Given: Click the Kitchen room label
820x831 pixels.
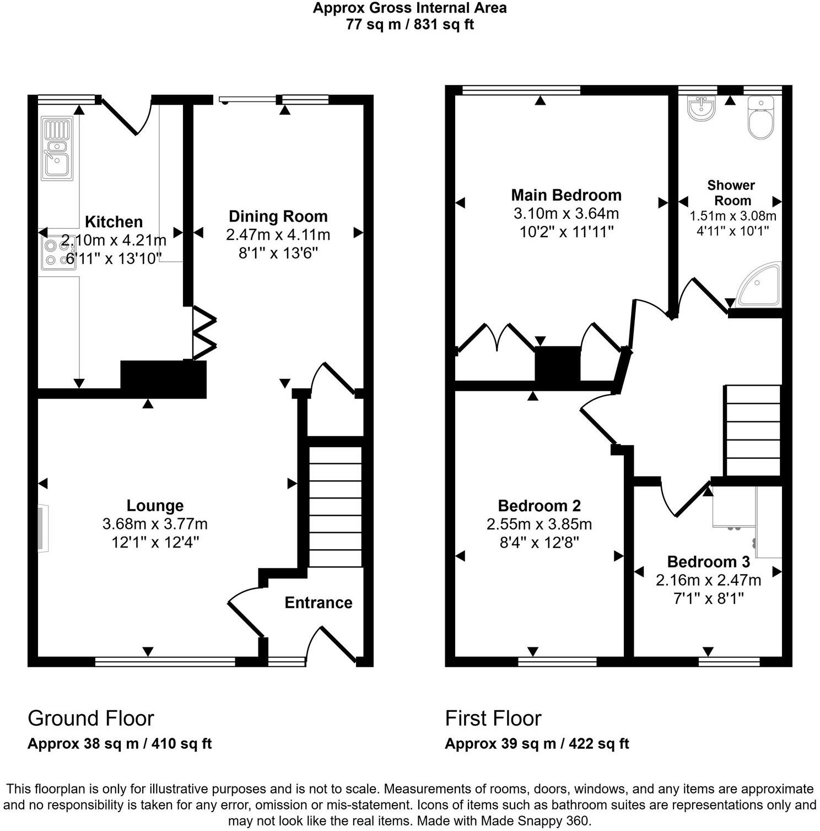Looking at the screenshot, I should [114, 222].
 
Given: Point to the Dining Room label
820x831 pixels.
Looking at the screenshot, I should [278, 216].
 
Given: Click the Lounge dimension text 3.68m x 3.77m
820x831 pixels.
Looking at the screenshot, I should [155, 524].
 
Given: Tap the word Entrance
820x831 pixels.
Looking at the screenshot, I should [319, 603].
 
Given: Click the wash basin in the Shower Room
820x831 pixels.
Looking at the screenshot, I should [701, 108].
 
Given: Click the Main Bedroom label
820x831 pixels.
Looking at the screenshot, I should [566, 195].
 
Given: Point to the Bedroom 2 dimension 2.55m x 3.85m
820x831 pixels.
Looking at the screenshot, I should [539, 524].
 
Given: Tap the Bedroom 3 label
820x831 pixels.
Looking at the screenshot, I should [708, 562].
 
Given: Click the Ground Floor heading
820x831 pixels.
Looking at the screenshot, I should [91, 719].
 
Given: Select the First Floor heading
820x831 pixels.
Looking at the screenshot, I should [493, 719].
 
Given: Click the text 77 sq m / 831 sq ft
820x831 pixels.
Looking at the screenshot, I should [409, 24].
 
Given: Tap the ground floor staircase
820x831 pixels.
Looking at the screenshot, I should [335, 506].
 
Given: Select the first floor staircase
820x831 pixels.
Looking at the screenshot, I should [753, 430].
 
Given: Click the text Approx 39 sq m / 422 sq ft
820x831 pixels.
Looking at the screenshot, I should [537, 743].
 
